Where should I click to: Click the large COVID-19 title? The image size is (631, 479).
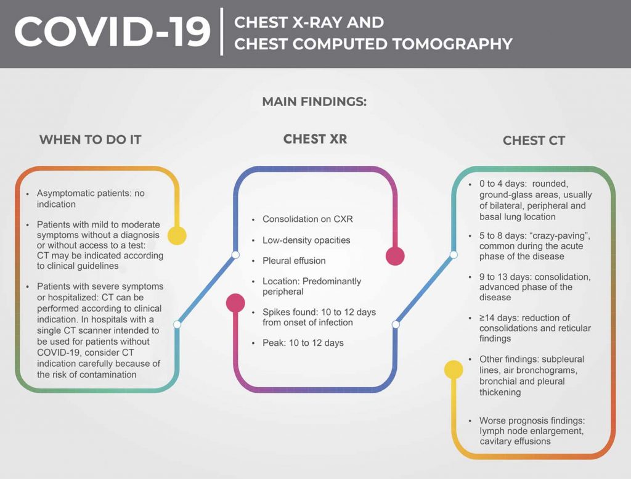tap(113, 32)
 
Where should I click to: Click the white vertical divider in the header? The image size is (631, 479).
tap(222, 31)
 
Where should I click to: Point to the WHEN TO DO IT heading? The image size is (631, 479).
tap(90, 139)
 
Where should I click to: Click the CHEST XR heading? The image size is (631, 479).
tap(315, 139)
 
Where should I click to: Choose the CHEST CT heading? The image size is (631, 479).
tap(534, 141)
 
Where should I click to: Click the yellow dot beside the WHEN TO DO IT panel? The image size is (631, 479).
tap(177, 235)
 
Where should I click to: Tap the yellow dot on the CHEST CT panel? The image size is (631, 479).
tap(454, 369)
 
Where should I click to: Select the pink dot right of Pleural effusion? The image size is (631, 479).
tap(394, 256)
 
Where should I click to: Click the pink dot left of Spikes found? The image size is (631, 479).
tap(235, 303)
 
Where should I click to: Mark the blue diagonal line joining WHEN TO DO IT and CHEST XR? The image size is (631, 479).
tap(206, 289)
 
